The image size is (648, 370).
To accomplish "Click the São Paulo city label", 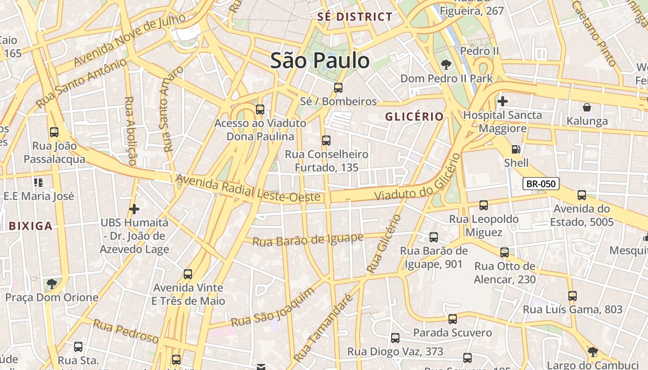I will point(320,61).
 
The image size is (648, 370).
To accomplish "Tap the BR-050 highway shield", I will point(541,184).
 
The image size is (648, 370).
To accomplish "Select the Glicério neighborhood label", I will point(414,117).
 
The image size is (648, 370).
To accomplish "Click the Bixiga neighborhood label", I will point(31,226).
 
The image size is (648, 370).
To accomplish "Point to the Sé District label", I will point(355,17).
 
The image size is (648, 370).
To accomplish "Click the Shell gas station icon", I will point(516,149).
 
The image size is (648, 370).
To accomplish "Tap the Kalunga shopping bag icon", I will point(587,107).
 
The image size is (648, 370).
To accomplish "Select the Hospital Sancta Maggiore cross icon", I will point(502,101).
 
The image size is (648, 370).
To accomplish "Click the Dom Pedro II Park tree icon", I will point(446,65).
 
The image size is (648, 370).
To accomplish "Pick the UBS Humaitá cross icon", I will point(134,209).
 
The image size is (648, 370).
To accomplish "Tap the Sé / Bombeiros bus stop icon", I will point(338,87).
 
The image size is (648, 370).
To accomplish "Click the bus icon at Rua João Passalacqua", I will point(54,132).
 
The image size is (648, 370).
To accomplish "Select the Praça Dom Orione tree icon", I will point(51,284).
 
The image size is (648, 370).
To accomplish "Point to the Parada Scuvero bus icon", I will point(452,319).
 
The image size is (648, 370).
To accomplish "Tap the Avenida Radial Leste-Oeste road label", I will point(248,188).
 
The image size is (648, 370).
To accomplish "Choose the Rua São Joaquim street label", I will point(273,307).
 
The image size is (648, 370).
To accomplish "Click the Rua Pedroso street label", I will point(125,331).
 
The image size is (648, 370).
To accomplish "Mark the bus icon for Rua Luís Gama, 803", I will point(573,296).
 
